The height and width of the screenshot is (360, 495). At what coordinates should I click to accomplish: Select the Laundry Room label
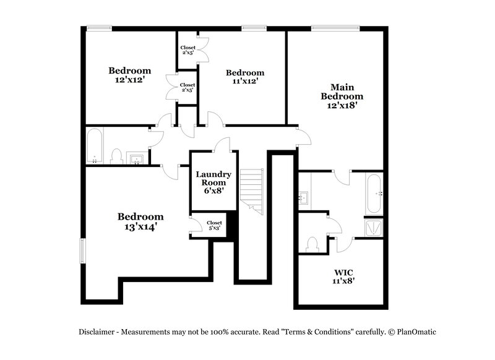pos(214,178)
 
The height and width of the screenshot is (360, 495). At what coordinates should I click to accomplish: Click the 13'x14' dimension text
pos(140,227)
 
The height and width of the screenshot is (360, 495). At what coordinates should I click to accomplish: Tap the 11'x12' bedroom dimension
pos(244,81)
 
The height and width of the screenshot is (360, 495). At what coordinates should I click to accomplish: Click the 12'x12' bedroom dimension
pos(130,80)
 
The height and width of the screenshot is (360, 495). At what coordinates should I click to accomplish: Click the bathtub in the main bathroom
pos(374,193)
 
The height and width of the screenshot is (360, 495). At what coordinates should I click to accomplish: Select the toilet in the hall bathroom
pos(116,156)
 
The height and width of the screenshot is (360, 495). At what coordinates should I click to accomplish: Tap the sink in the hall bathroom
pos(137,158)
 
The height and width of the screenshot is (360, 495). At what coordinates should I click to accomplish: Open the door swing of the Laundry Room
pos(221,145)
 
